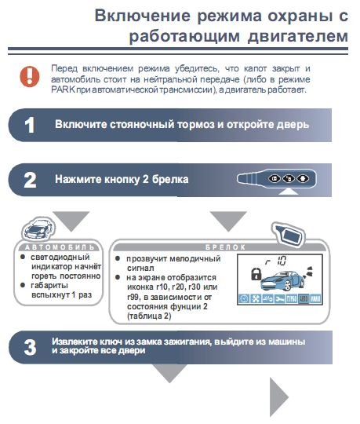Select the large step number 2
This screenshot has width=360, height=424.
click(x=29, y=180)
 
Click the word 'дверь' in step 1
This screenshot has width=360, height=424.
click(x=292, y=125)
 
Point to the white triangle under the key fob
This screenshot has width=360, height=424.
click(x=291, y=192)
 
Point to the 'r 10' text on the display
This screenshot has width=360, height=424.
click(x=279, y=260)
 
